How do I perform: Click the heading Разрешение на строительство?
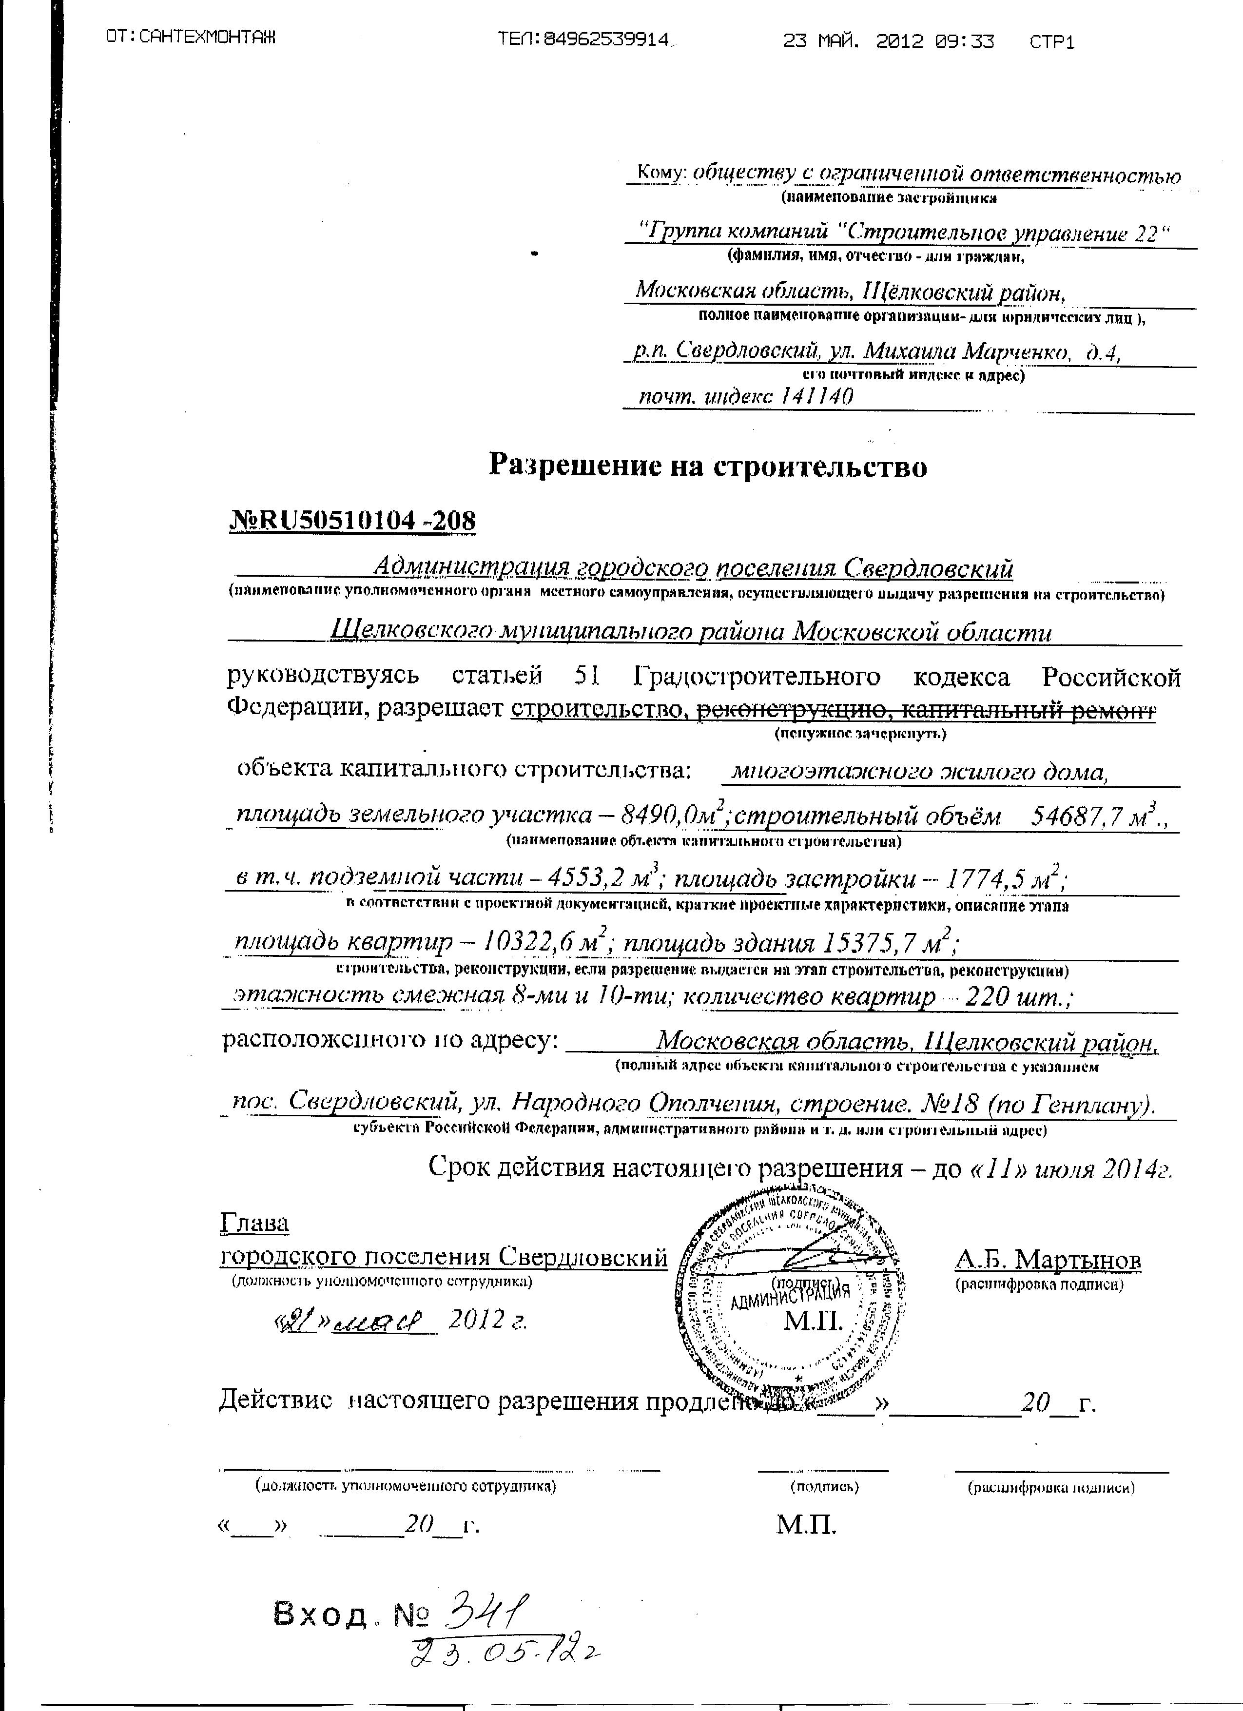[x=707, y=466]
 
